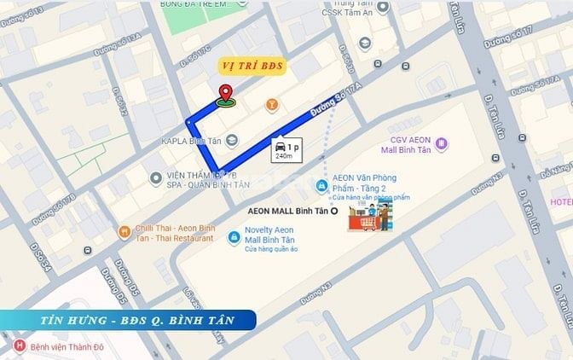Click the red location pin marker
coord(226,94)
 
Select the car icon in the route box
coord(281,147)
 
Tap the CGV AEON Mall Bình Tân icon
coord(441,143)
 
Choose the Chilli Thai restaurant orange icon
coord(124,229)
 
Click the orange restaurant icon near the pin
coord(272,105)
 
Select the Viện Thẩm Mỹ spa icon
coord(154,177)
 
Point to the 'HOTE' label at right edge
coord(561,202)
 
